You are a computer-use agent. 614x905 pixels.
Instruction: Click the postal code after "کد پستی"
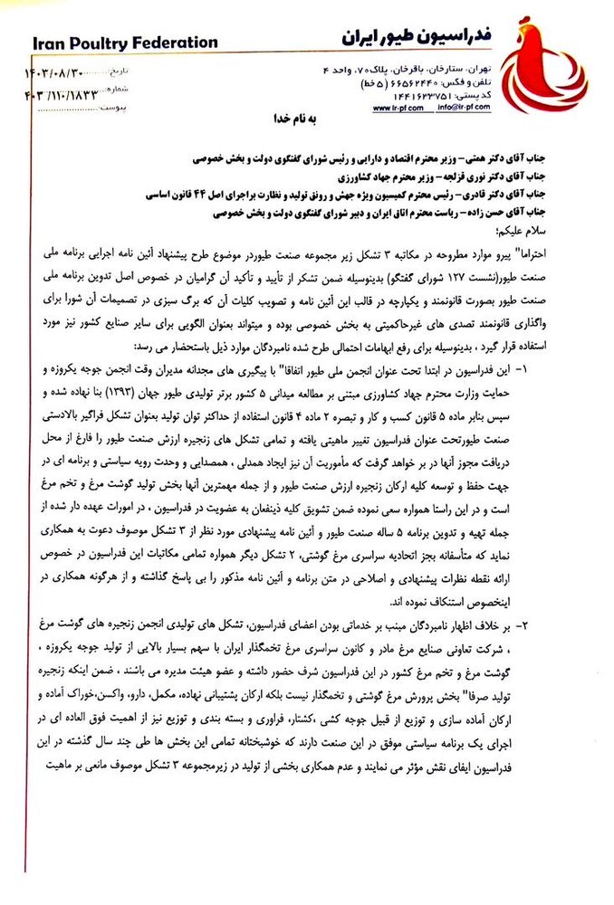[420, 95]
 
